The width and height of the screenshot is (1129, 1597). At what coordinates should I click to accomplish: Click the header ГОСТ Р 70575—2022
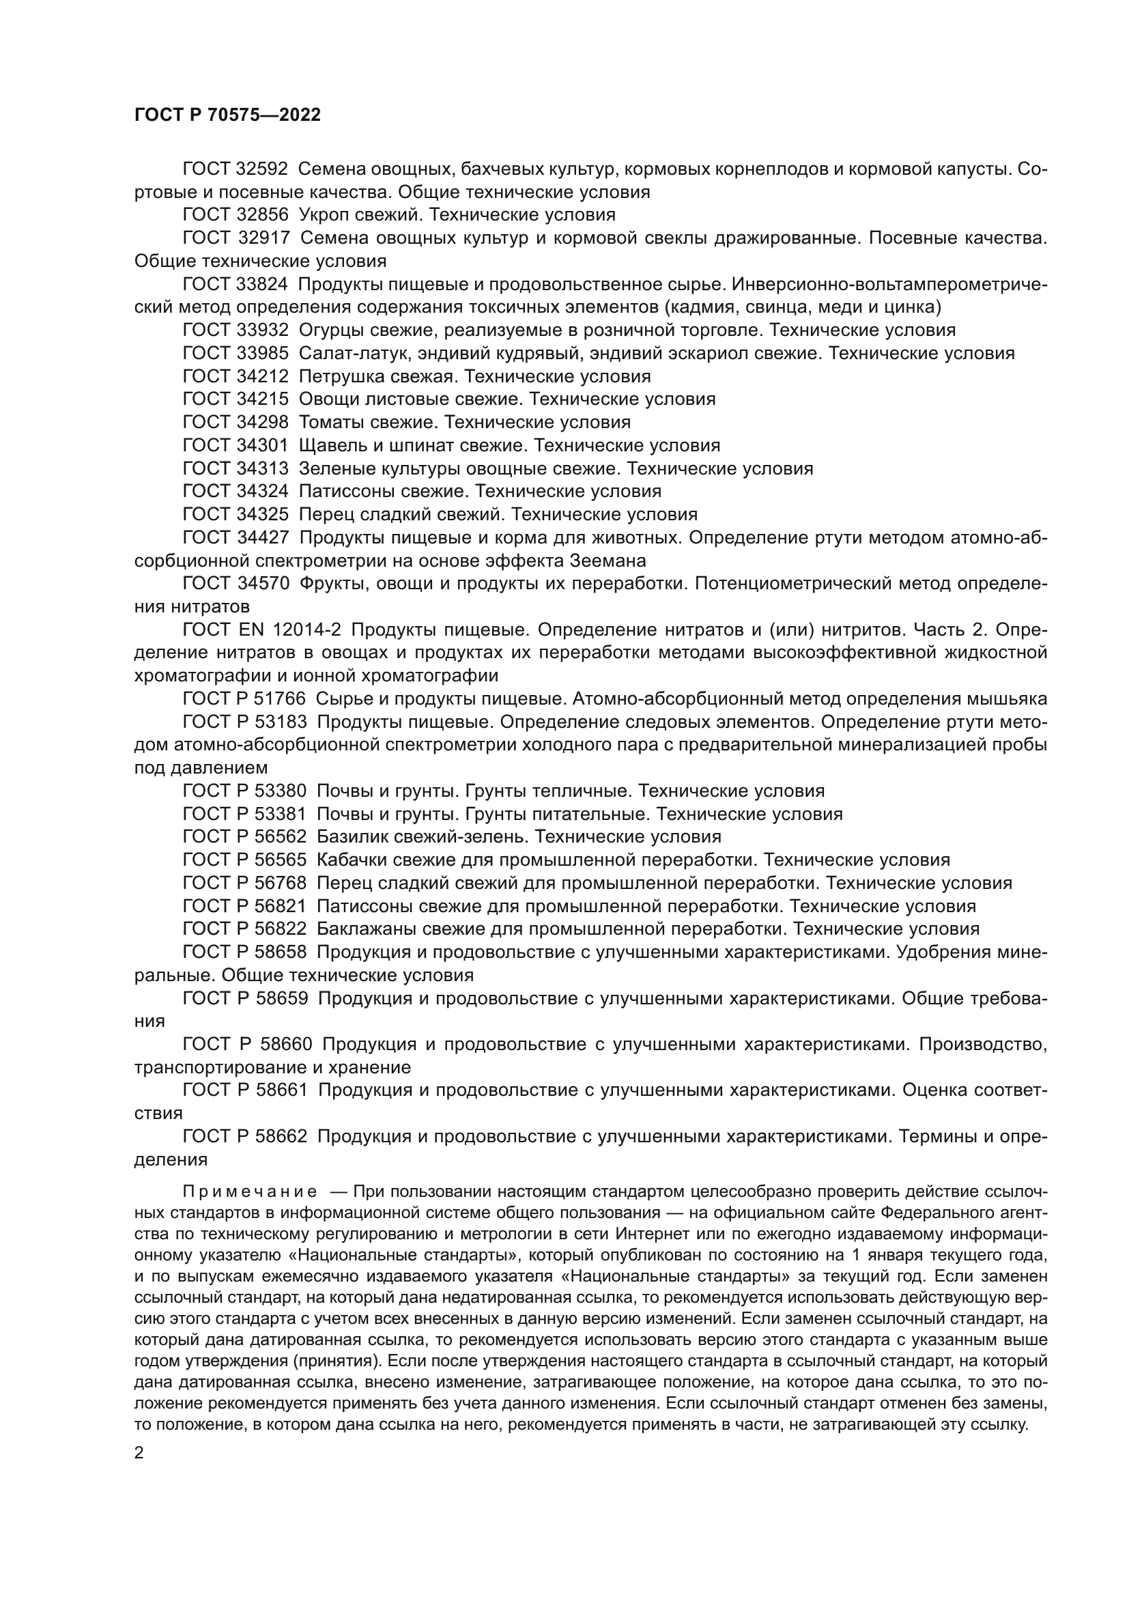tap(227, 115)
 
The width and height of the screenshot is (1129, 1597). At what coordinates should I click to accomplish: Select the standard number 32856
tap(263, 214)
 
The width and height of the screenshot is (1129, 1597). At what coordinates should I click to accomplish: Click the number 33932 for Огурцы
tap(263, 330)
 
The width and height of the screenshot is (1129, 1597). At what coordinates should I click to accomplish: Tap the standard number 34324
tap(263, 491)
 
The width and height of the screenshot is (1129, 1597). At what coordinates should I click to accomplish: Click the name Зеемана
tap(608, 561)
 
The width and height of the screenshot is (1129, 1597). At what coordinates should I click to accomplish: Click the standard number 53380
tap(280, 791)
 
